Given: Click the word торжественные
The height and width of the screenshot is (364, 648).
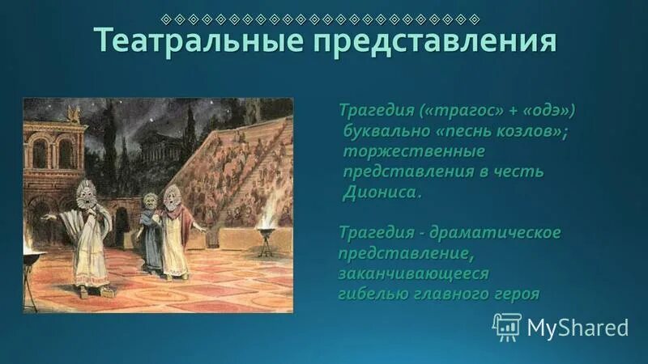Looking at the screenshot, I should pyautogui.click(x=414, y=151).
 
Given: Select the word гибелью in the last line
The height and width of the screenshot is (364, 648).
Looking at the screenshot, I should pyautogui.click(x=377, y=294).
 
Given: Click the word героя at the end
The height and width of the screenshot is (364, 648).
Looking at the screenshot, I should pyautogui.click(x=516, y=294).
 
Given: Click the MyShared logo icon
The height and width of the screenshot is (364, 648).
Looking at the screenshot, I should pyautogui.click(x=507, y=327).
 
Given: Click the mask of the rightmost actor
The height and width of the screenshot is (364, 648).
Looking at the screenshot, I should pyautogui.click(x=171, y=197).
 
